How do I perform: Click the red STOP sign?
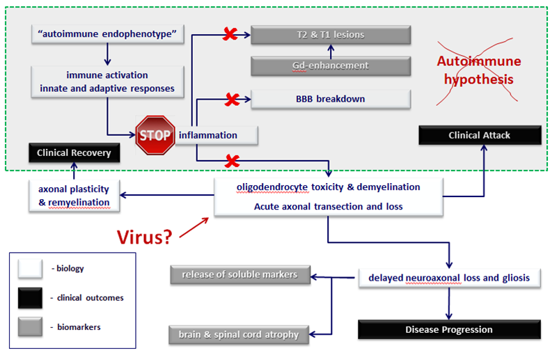(x=155, y=134)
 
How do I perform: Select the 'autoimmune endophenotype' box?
(x=107, y=33)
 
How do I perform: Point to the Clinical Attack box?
(x=480, y=136)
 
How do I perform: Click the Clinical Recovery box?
(x=74, y=152)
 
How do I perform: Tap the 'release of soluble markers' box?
(x=239, y=274)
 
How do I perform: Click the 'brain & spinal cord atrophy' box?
(x=239, y=334)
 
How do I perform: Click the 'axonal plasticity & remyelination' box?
(x=74, y=195)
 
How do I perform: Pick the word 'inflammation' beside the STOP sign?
(x=208, y=135)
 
